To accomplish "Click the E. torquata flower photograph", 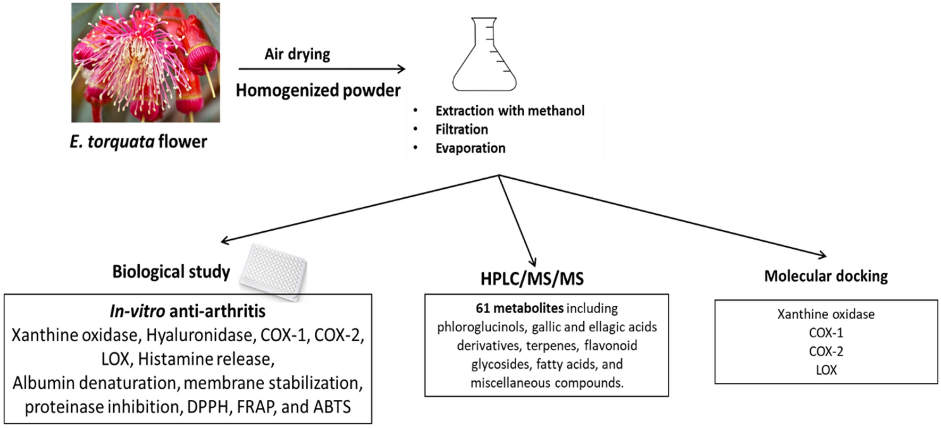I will (145, 62).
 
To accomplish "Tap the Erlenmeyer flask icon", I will (484, 55).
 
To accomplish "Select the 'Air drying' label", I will (297, 54).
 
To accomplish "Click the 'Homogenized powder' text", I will (318, 90).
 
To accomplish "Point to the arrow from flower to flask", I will (322, 69).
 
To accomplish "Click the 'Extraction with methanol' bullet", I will (509, 111).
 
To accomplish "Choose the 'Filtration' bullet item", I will (461, 129).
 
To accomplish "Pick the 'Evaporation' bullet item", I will (470, 148).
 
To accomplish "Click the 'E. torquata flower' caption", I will (138, 141).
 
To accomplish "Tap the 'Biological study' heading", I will (171, 272).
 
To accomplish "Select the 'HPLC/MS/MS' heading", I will (532, 278).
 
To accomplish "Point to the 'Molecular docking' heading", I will (826, 276).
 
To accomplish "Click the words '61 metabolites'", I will (519, 308).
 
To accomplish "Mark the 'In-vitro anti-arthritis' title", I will (188, 310).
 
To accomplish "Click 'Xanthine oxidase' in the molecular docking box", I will (826, 314).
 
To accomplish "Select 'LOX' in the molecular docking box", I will (826, 370).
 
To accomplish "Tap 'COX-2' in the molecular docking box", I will (826, 351).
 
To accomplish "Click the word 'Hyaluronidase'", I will (198, 335).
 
